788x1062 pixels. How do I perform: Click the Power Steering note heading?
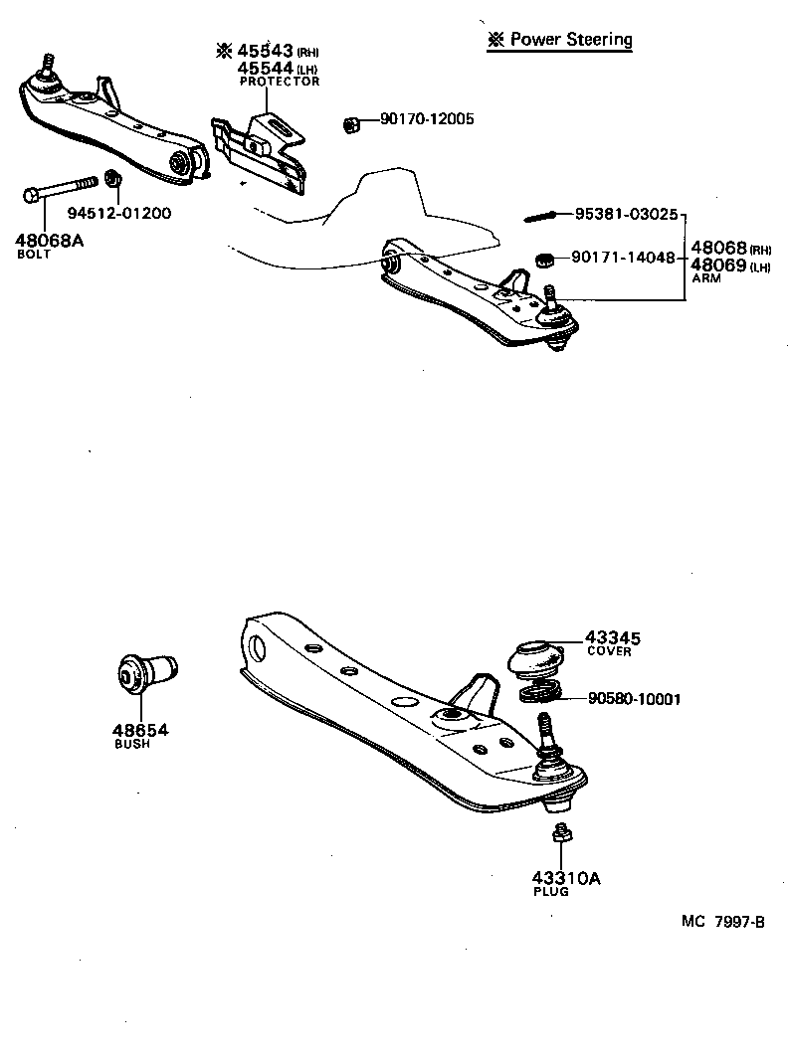click(x=560, y=40)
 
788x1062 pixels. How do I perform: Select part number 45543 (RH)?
click(x=266, y=51)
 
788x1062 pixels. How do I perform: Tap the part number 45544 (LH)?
click(x=266, y=68)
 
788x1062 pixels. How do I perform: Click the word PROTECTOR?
click(x=280, y=82)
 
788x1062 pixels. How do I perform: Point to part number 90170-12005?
click(x=427, y=119)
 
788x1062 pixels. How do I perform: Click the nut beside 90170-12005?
click(x=350, y=123)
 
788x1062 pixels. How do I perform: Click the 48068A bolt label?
click(x=49, y=240)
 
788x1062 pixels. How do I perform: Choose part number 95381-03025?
click(x=626, y=214)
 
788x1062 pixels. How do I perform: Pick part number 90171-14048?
click(x=623, y=258)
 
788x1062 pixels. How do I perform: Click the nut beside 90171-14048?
click(x=544, y=259)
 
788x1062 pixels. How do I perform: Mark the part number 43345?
click(x=612, y=637)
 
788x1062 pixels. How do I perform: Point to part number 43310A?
click(x=566, y=878)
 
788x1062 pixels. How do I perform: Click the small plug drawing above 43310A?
click(x=560, y=835)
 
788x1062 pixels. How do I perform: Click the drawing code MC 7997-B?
click(x=722, y=921)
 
